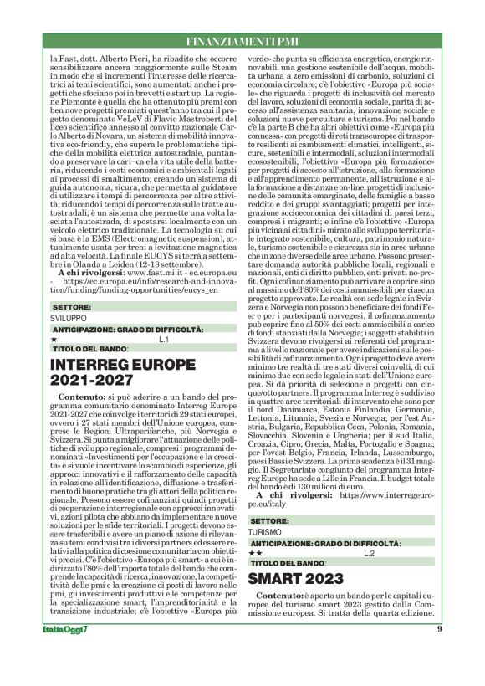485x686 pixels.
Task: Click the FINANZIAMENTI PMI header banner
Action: [x=242, y=40]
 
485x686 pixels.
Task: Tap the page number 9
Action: [x=439, y=653]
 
